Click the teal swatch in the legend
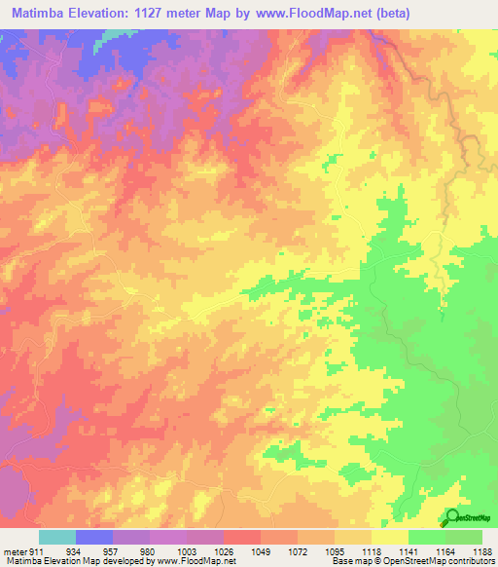[57, 537]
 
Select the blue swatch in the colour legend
[94, 537]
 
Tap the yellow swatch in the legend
[390, 537]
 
